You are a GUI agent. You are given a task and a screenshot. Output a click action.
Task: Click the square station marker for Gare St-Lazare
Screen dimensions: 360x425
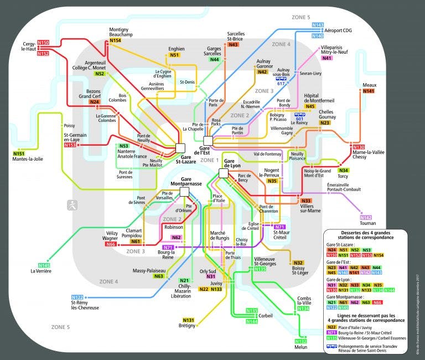[180, 147]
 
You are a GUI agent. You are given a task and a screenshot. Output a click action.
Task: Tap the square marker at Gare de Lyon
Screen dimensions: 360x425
[224, 173]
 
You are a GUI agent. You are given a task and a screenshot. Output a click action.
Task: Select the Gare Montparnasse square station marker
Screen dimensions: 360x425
[185, 192]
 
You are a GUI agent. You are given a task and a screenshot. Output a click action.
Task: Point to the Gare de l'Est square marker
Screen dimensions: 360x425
[208, 141]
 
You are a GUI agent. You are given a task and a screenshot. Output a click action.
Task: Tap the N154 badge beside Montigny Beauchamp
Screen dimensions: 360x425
[115, 40]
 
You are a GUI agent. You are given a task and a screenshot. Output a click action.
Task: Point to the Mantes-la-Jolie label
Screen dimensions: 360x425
[28, 160]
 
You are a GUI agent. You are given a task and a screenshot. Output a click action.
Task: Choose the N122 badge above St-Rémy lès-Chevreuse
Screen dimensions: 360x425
[77, 297]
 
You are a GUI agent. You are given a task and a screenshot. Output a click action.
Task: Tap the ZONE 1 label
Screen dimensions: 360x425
[210, 160]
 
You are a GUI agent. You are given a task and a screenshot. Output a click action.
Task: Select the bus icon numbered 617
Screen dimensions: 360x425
[282, 79]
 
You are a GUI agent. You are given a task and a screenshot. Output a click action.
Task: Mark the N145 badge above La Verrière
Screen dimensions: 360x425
[44, 266]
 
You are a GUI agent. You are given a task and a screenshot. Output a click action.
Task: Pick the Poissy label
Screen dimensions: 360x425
[69, 126]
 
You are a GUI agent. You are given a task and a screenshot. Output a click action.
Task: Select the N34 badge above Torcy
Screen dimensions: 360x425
[344, 171]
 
